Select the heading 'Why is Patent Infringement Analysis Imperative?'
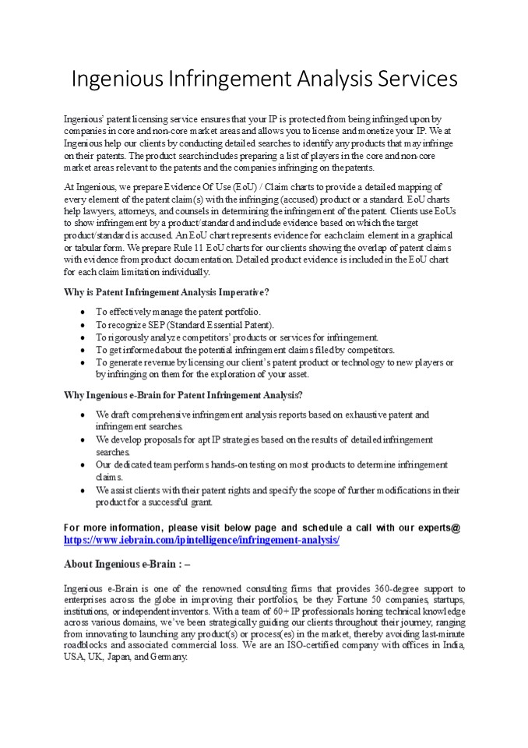(x=167, y=293)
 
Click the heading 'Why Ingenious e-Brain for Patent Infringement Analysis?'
(x=183, y=395)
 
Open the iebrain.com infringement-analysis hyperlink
(x=202, y=539)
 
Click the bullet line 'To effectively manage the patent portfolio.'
(x=178, y=312)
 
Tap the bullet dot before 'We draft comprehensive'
(x=83, y=415)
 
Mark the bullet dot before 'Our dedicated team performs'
(x=83, y=465)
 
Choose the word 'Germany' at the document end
(x=172, y=658)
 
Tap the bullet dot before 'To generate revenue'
(x=83, y=362)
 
